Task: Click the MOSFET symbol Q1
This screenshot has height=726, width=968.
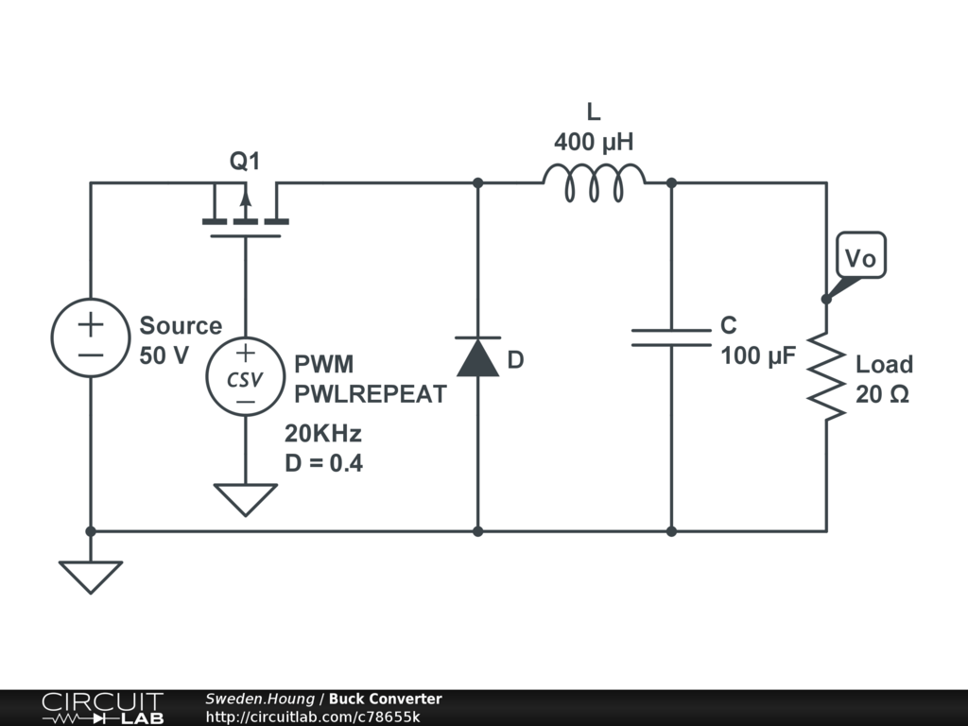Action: pyautogui.click(x=245, y=213)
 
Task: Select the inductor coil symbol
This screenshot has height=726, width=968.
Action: pyautogui.click(x=594, y=182)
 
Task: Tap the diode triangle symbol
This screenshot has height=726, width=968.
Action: pyautogui.click(x=477, y=357)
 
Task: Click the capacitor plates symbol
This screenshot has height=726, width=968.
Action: pyautogui.click(x=671, y=337)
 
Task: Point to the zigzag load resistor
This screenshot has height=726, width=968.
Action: pyautogui.click(x=826, y=375)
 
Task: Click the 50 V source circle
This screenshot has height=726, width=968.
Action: pyautogui.click(x=91, y=337)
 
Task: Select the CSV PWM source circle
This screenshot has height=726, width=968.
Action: pyautogui.click(x=245, y=377)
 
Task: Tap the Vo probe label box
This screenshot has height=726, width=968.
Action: pyautogui.click(x=860, y=256)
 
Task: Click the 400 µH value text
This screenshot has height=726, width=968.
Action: pyautogui.click(x=593, y=143)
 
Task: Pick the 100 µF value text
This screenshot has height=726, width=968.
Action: pyautogui.click(x=759, y=356)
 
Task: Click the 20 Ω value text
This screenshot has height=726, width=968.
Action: pyautogui.click(x=882, y=395)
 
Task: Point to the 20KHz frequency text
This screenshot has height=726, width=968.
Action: pyautogui.click(x=323, y=434)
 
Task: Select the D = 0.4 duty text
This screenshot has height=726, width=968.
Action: pyautogui.click(x=323, y=463)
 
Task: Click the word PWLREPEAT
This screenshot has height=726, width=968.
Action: pyautogui.click(x=370, y=395)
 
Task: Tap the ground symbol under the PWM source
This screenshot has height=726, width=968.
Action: pyautogui.click(x=245, y=499)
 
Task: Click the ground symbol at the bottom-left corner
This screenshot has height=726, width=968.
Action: pyautogui.click(x=91, y=576)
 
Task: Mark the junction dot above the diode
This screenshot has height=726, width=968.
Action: pyautogui.click(x=477, y=182)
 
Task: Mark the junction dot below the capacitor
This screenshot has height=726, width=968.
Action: pyautogui.click(x=671, y=531)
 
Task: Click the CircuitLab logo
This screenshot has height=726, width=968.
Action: pyautogui.click(x=101, y=708)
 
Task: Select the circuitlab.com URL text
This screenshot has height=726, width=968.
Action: pyautogui.click(x=313, y=717)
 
